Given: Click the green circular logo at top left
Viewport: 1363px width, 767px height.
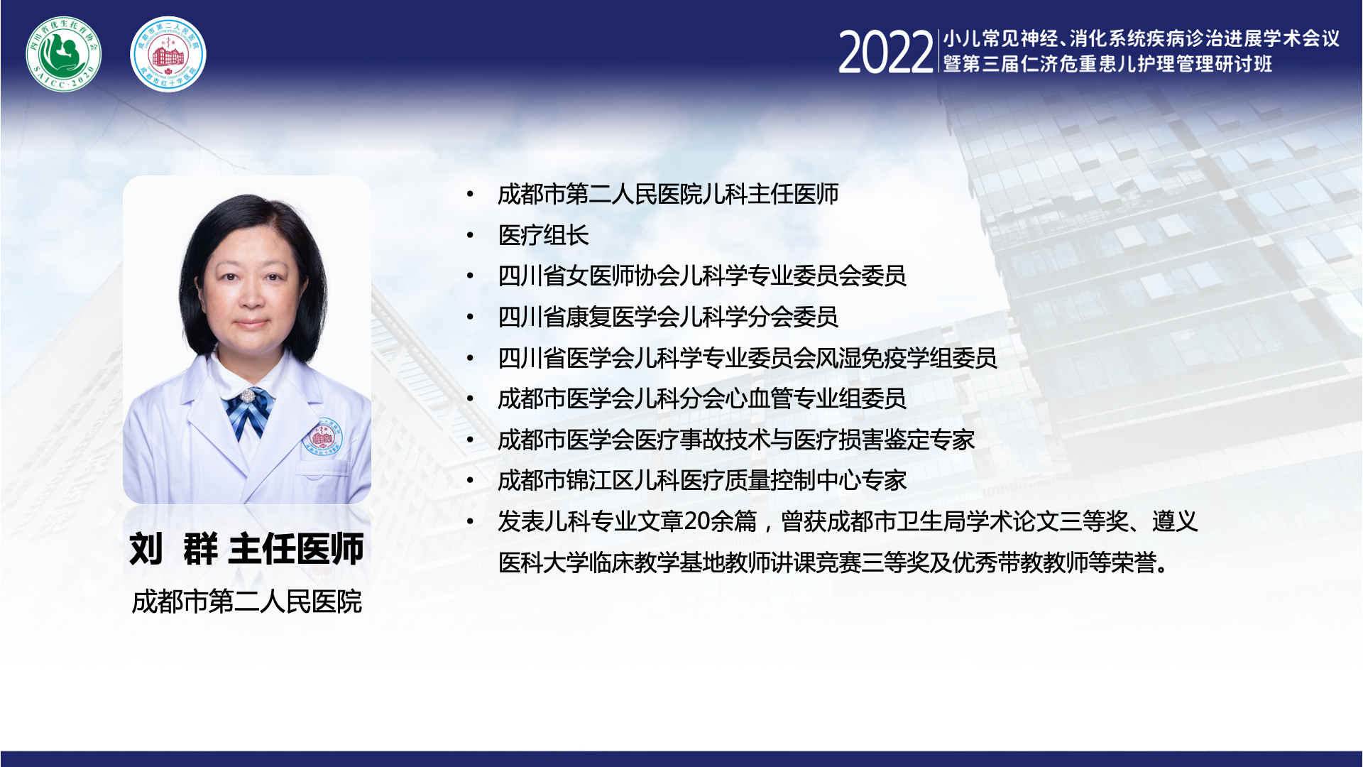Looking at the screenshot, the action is (x=64, y=55).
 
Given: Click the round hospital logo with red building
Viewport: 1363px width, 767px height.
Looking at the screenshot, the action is (x=168, y=55).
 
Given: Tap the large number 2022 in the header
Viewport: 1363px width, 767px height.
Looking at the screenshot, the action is (x=885, y=53).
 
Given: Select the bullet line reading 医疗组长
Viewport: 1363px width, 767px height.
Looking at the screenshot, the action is (x=544, y=235).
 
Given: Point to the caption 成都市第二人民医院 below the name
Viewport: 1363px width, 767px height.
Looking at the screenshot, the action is (x=247, y=602).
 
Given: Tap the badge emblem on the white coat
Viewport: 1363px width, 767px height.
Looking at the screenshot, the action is (x=322, y=436).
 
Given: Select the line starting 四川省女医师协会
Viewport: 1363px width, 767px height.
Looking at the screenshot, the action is (x=702, y=276).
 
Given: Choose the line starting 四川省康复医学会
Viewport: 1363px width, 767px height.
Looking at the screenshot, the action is (x=668, y=317).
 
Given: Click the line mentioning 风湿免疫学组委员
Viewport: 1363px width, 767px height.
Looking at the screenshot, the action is (x=748, y=358).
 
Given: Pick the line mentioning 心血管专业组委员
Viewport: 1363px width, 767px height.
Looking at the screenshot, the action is (x=702, y=399).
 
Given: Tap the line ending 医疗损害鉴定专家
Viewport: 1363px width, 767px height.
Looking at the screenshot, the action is (x=736, y=440).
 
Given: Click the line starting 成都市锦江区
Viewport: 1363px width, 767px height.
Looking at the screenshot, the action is (x=702, y=481).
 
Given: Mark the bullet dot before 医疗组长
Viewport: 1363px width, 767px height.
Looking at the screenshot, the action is (x=470, y=235).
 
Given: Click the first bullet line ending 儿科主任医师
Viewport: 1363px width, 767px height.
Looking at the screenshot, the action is (x=668, y=194).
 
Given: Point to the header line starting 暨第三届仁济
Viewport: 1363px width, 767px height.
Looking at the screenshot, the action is (x=1107, y=64).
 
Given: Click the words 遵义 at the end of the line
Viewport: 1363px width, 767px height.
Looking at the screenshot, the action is (x=1175, y=522).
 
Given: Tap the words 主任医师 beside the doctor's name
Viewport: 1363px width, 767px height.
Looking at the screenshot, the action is (x=296, y=549).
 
